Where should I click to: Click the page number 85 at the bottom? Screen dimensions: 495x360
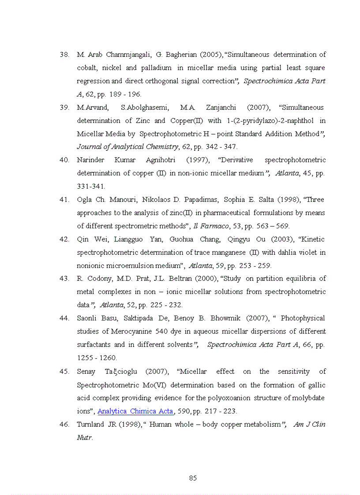192,478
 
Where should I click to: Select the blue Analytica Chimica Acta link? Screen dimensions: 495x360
135,411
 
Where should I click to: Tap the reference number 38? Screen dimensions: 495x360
64,55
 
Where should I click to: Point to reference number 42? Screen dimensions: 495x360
64,239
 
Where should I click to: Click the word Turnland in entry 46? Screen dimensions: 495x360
90,424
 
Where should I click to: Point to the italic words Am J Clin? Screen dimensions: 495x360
309,424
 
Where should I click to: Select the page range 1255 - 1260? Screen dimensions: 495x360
97,358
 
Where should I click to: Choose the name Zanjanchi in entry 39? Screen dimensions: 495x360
220,108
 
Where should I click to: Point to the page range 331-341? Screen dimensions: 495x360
91,186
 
